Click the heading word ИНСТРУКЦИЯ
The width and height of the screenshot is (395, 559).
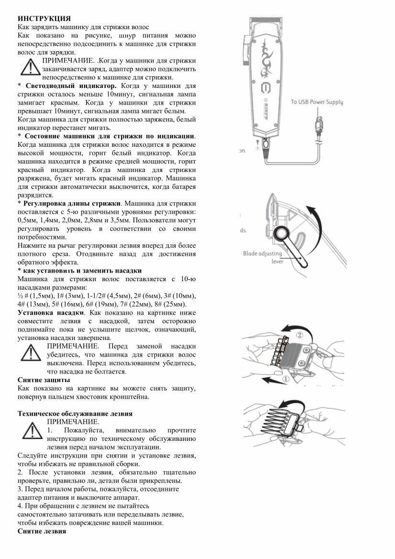tap(44, 19)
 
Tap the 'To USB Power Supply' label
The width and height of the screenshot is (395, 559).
tap(317, 102)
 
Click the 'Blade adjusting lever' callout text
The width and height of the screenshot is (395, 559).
tap(263, 257)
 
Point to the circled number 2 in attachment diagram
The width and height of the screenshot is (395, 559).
tap(300, 335)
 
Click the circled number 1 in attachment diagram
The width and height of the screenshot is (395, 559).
tap(285, 379)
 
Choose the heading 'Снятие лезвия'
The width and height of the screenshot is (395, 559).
tap(42, 532)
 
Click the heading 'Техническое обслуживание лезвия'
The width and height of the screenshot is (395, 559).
tap(75, 413)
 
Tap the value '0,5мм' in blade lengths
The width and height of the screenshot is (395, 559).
tap(27, 220)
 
